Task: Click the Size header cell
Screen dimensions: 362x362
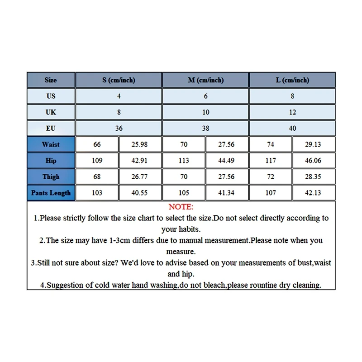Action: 51,80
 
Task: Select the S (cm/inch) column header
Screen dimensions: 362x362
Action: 119,80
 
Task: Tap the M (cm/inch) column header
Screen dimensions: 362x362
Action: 205,80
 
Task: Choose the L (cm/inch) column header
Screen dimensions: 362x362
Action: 292,80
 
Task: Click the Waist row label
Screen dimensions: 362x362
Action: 51,144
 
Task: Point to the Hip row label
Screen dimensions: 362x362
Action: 51,161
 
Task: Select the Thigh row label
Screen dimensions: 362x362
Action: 51,176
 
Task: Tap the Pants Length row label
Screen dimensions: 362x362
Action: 51,193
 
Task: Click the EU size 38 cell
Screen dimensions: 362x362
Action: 205,128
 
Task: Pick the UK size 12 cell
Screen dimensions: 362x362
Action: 292,112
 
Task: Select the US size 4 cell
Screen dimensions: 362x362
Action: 119,96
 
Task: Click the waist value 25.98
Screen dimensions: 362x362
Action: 140,145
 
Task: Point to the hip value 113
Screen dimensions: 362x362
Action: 184,161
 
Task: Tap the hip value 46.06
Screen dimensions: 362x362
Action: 314,161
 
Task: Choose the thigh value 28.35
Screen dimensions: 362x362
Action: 314,177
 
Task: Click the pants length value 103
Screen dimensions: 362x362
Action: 97,193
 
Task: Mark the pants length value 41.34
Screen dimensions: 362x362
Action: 227,193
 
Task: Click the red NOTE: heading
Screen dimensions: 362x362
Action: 181,207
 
